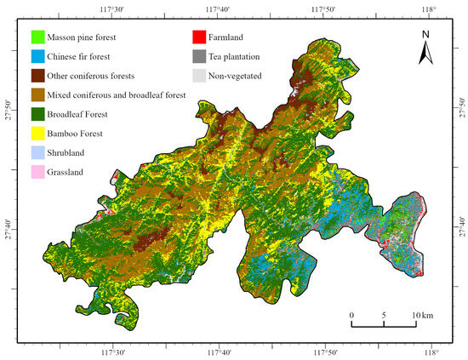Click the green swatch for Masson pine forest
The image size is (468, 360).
click(36, 37)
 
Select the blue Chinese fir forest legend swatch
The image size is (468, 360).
click(36, 55)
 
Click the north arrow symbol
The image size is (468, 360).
click(426, 55)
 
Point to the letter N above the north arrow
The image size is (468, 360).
click(426, 35)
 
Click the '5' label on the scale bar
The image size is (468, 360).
click(384, 315)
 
